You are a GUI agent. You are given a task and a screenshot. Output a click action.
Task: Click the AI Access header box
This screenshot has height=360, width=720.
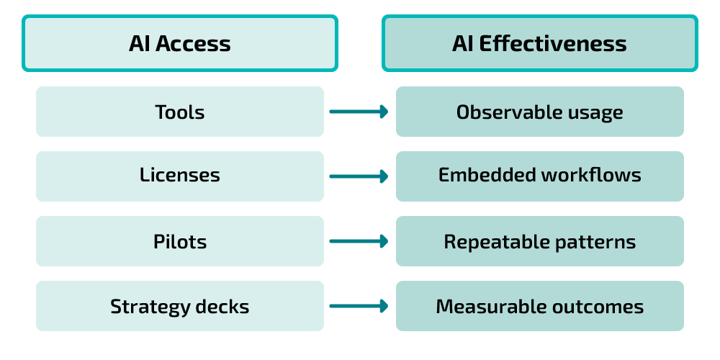pos(179,43)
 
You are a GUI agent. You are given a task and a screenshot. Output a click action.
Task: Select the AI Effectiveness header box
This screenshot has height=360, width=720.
pos(539,43)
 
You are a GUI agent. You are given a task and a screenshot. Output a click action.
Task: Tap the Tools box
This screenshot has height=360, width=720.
pos(179,112)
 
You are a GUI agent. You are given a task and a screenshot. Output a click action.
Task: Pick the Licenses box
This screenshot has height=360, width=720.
pos(179,176)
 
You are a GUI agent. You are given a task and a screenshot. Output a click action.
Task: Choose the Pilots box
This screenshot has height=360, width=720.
pos(179,241)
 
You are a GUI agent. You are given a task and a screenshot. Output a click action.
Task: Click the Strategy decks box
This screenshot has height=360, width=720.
pos(179,306)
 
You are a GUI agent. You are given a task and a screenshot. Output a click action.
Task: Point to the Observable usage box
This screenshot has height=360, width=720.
pos(539,112)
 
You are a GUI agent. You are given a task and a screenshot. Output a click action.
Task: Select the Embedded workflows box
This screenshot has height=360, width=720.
pos(539,176)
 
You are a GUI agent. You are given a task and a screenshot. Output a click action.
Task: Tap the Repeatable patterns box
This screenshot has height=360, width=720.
pos(539,241)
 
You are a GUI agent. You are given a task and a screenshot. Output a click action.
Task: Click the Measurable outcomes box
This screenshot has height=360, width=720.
pos(539,306)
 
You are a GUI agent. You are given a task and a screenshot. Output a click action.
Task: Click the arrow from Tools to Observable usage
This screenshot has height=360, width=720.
pos(359,112)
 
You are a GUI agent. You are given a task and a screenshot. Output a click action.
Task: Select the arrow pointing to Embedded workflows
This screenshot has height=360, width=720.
pos(359,176)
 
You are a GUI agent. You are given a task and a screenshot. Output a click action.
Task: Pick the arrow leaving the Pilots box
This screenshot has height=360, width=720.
pos(359,241)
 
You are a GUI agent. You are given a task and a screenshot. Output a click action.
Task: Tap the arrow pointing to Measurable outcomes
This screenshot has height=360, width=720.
pos(359,306)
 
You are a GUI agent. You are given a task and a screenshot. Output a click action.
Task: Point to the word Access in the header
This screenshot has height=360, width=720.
pos(193,43)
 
